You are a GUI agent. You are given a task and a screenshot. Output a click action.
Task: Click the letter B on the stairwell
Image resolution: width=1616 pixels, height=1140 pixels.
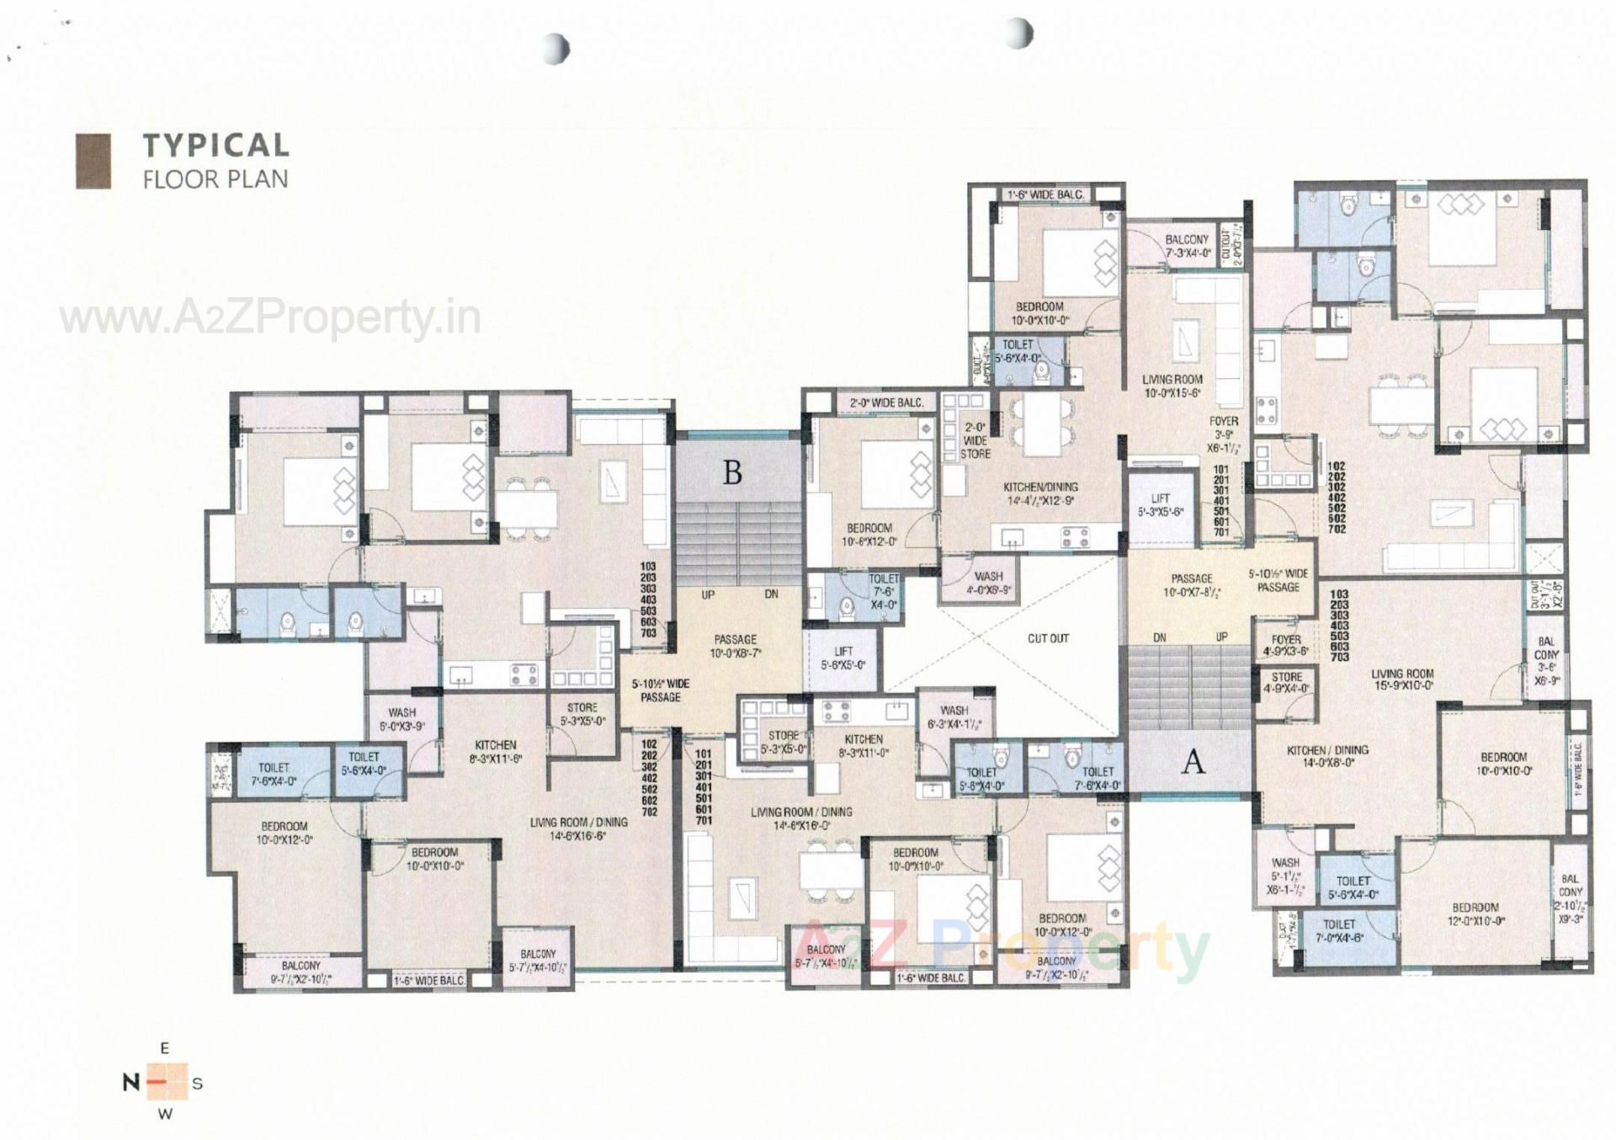point(732,473)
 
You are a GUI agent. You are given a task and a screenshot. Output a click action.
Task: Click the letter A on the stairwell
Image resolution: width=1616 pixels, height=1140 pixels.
point(1193,761)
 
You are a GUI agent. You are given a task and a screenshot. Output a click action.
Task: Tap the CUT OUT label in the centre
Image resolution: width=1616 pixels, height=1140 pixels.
point(1048,638)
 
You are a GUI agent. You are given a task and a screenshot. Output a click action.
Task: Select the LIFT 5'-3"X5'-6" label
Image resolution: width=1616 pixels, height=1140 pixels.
point(1161,504)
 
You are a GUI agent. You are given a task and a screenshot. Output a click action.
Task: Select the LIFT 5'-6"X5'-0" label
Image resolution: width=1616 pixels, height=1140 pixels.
point(843,658)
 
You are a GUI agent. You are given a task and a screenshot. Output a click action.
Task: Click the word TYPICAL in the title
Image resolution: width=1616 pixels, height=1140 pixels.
point(215,145)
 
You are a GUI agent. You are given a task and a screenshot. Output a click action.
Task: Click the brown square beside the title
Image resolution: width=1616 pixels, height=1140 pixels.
point(93,161)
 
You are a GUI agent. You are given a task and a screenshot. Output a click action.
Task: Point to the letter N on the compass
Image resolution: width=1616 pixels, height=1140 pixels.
point(130,1082)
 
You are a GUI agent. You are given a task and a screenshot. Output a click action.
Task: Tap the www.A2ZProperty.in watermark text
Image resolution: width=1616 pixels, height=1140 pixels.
point(269,318)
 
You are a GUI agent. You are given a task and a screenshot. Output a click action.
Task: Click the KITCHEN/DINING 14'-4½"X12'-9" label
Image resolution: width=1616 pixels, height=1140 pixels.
point(1040,493)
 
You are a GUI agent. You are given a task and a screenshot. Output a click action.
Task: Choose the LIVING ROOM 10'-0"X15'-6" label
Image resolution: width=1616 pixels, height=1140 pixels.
point(1172,386)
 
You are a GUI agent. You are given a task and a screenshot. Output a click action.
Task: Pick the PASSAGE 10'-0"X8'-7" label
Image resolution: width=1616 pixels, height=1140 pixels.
point(735,646)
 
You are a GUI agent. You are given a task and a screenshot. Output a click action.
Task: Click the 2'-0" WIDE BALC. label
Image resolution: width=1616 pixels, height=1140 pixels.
point(886,403)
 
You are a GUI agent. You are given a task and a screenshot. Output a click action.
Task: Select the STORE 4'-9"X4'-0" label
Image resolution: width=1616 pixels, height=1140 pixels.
point(1286,682)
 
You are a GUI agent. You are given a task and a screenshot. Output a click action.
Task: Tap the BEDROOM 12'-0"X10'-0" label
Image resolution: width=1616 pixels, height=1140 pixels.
point(1475,914)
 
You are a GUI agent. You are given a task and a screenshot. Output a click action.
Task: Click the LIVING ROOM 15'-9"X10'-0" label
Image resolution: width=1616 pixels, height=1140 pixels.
point(1401,679)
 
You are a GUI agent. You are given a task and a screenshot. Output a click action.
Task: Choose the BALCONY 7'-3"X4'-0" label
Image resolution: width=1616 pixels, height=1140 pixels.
point(1187,246)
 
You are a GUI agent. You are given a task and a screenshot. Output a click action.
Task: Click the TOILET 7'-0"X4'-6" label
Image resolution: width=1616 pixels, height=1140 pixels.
point(1338,930)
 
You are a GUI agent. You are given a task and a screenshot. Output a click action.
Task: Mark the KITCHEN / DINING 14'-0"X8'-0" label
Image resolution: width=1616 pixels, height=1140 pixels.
point(1327,756)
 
